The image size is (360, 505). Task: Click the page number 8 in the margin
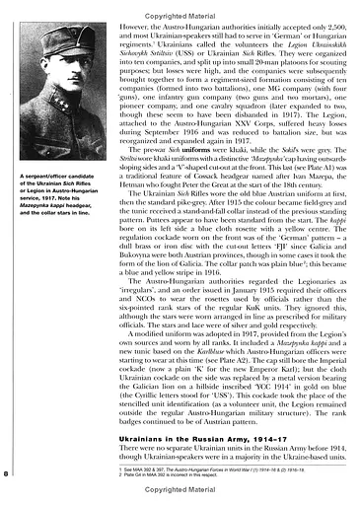[x=9, y=474]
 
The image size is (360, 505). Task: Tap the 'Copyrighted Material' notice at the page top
[x=180, y=6]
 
